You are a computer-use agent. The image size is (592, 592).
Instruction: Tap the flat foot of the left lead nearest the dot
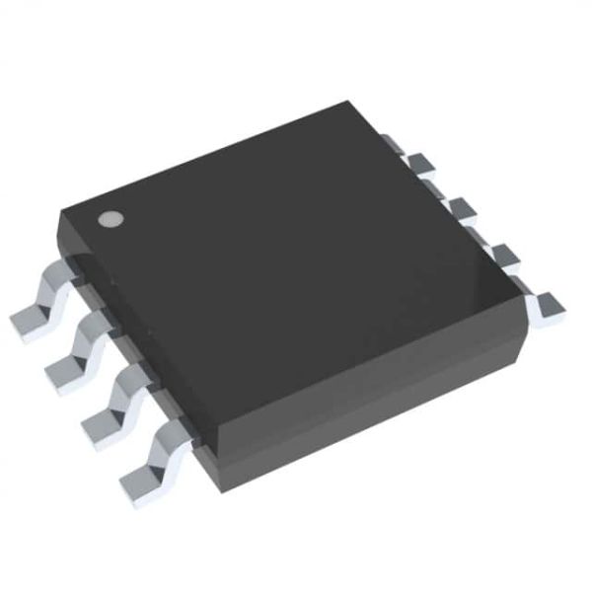point(27,320)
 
